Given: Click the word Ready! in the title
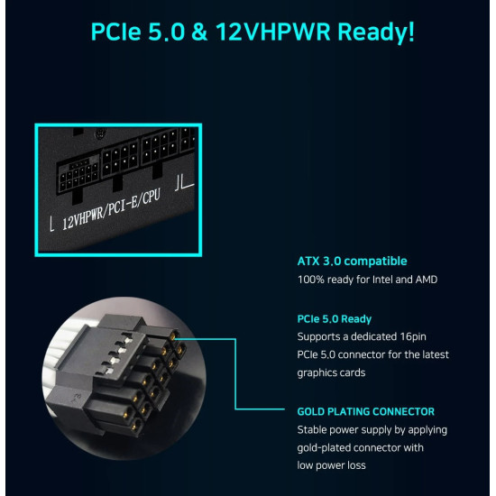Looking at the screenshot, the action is [x=376, y=32].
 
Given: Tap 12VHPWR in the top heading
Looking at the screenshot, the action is [x=273, y=32].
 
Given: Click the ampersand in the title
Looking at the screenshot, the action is [x=199, y=32].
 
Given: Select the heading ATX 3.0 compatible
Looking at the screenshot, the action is [x=352, y=262].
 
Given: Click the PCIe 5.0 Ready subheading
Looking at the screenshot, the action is [x=335, y=319].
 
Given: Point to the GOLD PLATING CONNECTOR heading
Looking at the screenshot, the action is [x=365, y=411].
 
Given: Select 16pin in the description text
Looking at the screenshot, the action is [x=412, y=337].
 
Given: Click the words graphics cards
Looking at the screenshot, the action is [x=331, y=373].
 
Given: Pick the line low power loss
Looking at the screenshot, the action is [x=331, y=465].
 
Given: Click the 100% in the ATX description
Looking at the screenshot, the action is [x=310, y=280].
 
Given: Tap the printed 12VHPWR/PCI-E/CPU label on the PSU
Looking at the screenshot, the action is [x=111, y=209].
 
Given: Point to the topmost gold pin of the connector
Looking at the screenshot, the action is [x=174, y=335].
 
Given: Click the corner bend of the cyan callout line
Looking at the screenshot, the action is [x=235, y=409].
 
